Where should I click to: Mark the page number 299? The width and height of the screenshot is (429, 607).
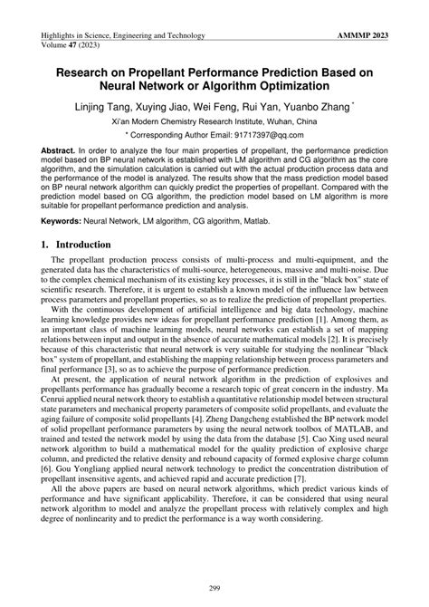[214, 588]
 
